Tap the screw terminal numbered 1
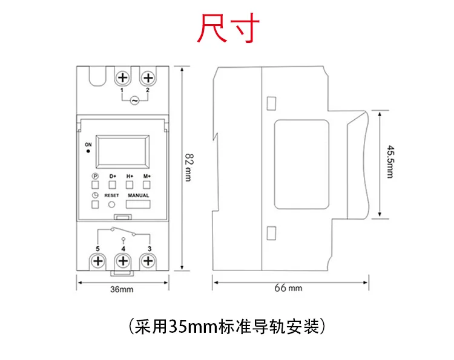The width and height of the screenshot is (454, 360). (x=123, y=78)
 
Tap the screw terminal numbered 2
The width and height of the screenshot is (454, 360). (x=147, y=78)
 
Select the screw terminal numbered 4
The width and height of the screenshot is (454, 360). (x=123, y=261)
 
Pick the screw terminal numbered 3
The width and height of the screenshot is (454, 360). (x=147, y=261)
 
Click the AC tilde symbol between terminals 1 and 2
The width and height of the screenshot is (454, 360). (x=134, y=100)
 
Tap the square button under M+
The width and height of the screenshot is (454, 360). (x=146, y=185)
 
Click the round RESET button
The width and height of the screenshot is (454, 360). (x=112, y=205)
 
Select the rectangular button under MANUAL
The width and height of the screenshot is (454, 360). (x=138, y=205)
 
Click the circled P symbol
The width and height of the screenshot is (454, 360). (x=95, y=176)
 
